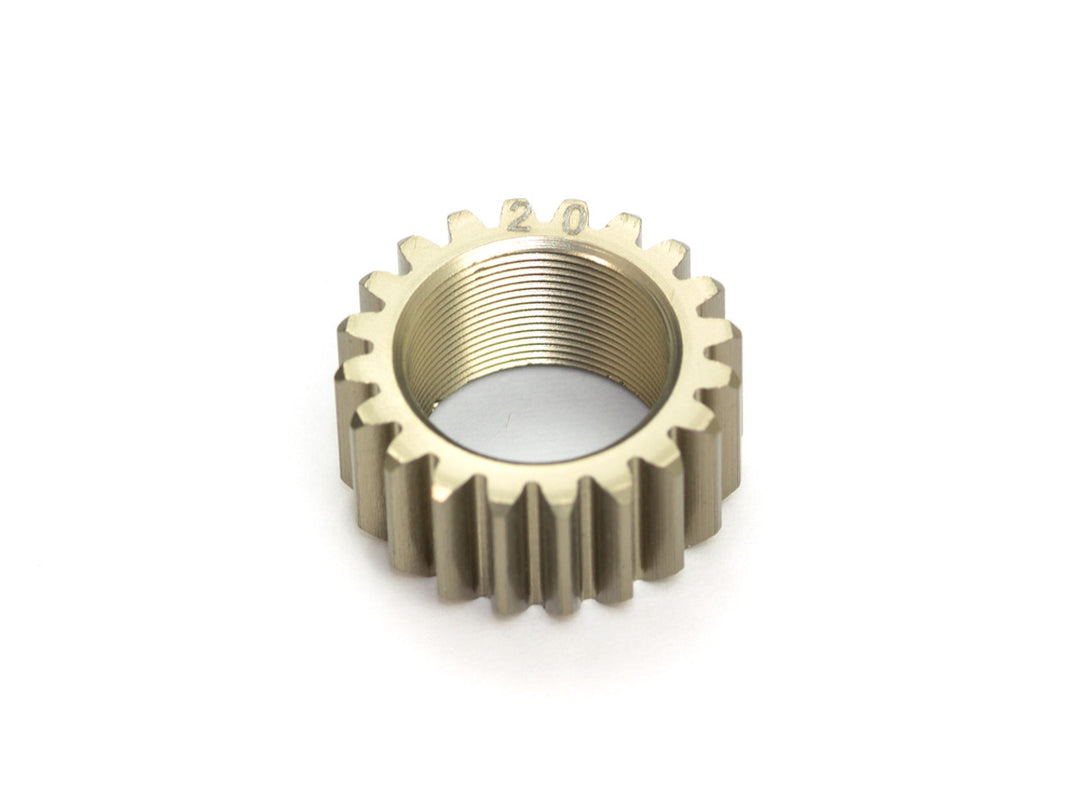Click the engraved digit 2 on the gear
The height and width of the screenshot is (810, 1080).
pyautogui.click(x=518, y=217)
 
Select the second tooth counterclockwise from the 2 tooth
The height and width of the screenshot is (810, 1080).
pyautogui.click(x=416, y=252)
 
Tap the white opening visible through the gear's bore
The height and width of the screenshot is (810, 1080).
pyautogui.click(x=540, y=410)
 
